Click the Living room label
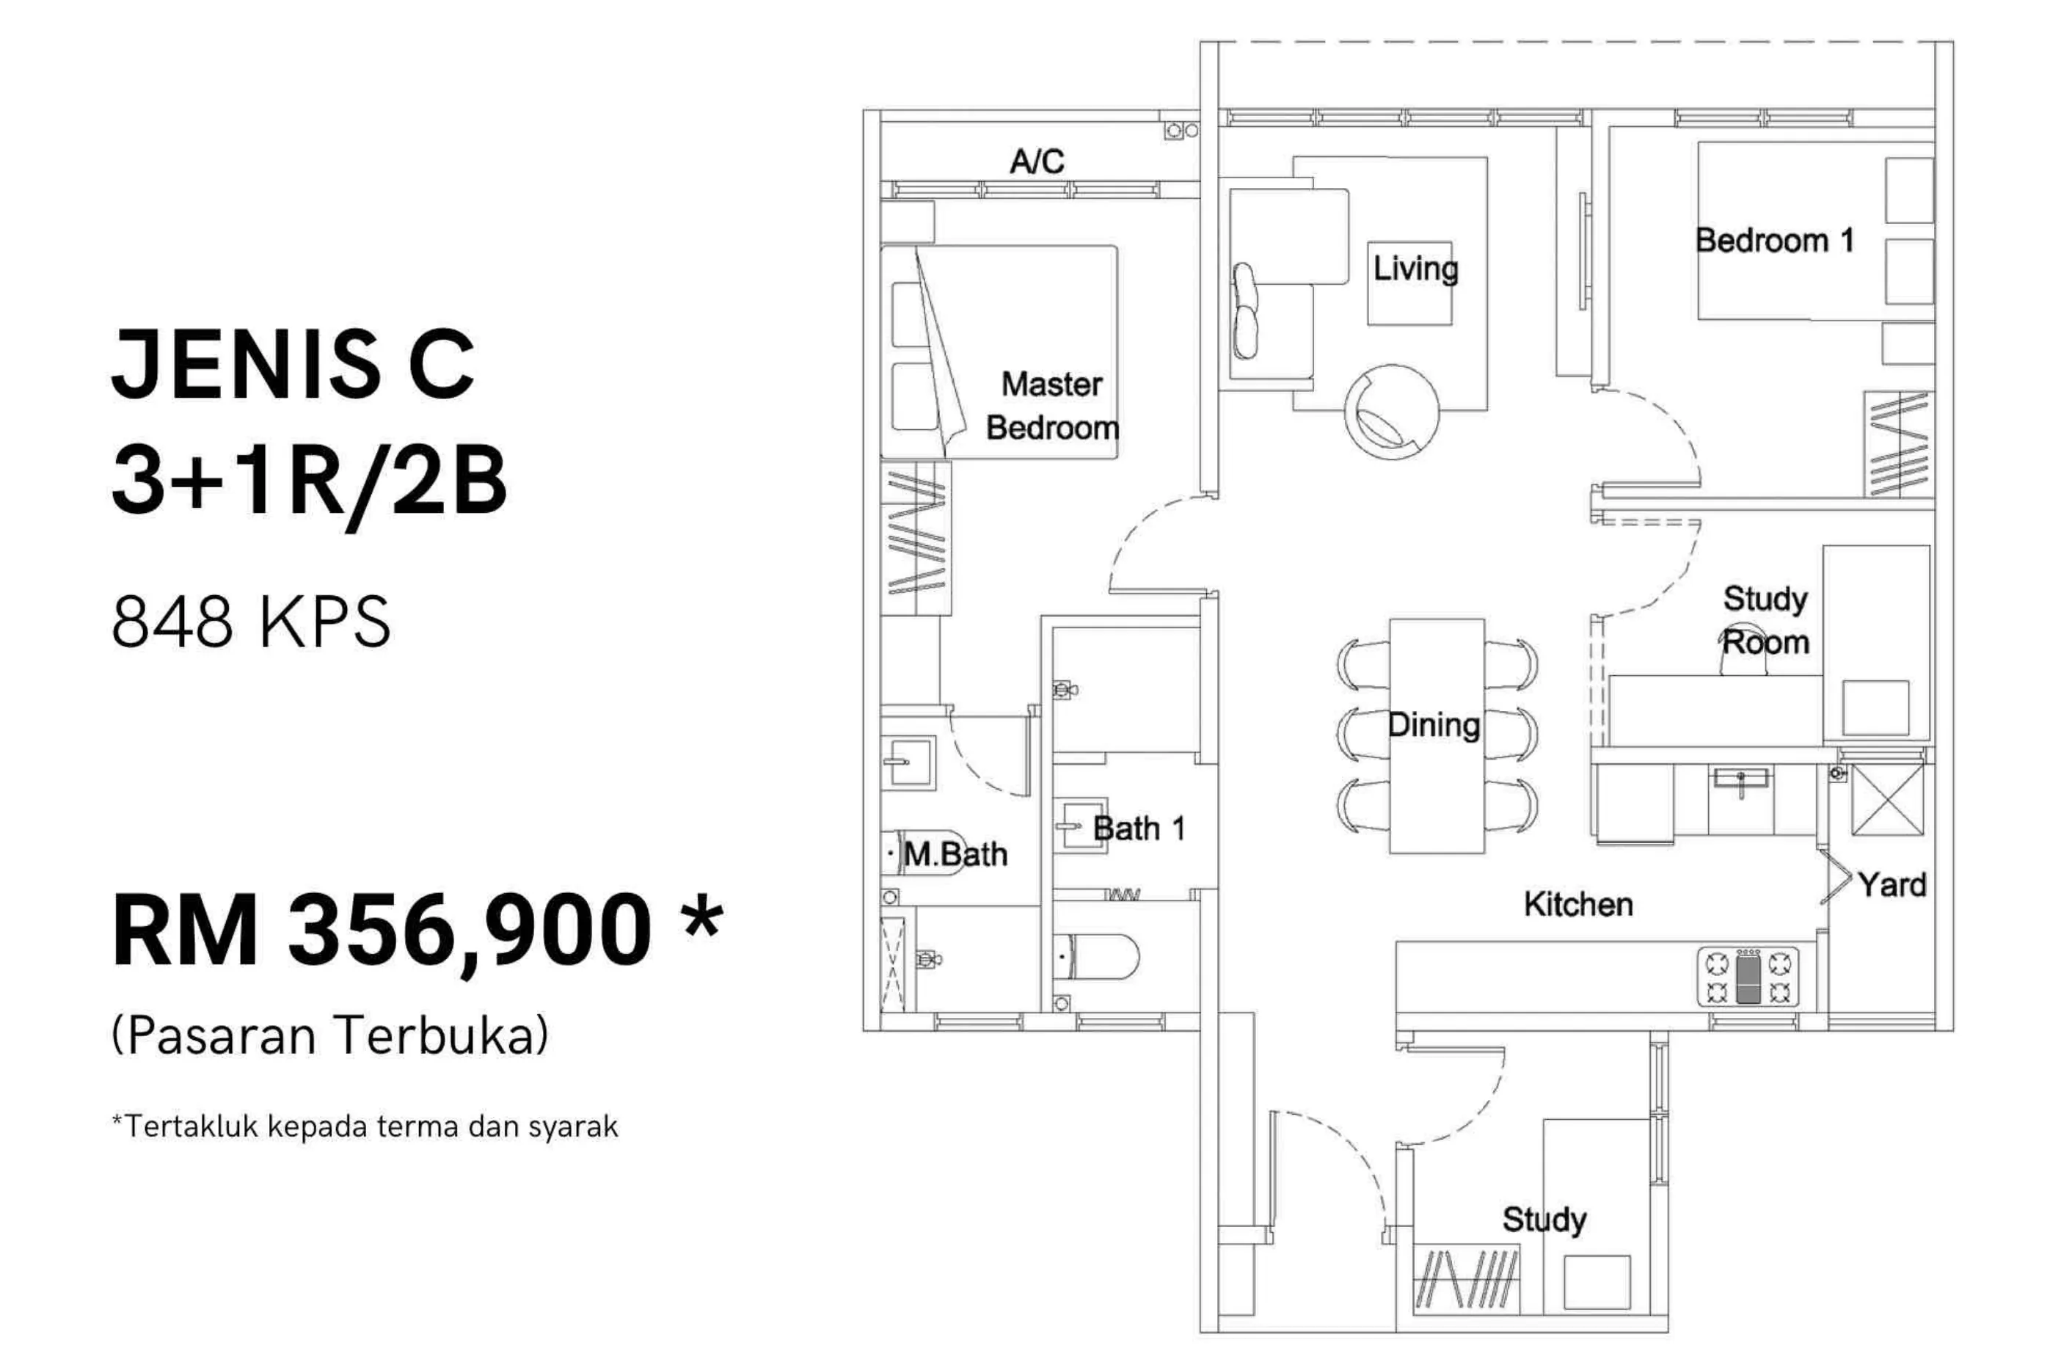click(1415, 269)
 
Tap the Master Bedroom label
click(1051, 406)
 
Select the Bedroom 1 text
click(1774, 241)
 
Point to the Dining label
click(1434, 724)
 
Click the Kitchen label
click(1577, 904)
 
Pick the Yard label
click(1892, 885)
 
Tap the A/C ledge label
click(1037, 161)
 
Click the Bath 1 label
click(1139, 829)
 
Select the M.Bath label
click(955, 854)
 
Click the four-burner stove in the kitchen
click(1747, 976)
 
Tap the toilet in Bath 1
click(1095, 957)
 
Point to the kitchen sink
click(1740, 780)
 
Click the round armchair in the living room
click(1391, 412)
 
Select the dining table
click(1437, 736)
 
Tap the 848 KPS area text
click(252, 621)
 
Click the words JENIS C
click(293, 363)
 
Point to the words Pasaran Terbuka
click(331, 1036)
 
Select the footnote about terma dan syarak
click(365, 1126)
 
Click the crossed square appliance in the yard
click(1887, 799)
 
